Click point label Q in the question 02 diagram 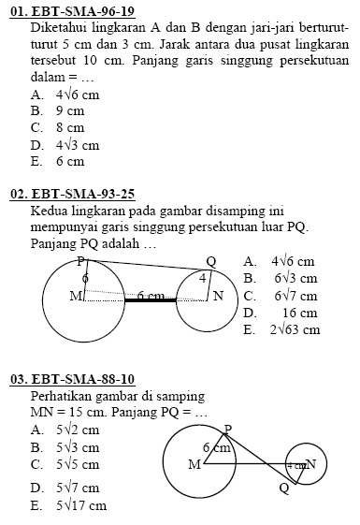(x=210, y=261)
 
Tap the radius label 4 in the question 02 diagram (x=202, y=278)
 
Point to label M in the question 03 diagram (x=194, y=463)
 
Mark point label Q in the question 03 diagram (x=283, y=488)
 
